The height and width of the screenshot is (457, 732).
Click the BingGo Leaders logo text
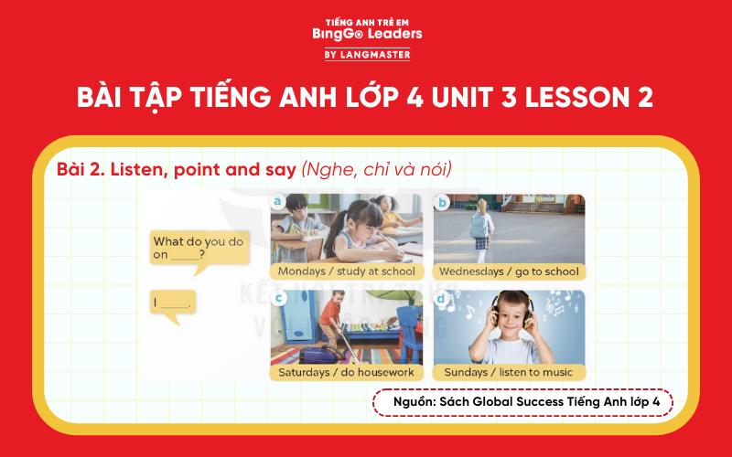(x=366, y=33)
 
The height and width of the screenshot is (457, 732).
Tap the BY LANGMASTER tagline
(x=366, y=55)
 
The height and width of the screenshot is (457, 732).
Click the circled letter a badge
(x=277, y=202)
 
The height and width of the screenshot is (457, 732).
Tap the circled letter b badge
(x=441, y=202)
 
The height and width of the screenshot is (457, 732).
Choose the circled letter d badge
(x=441, y=298)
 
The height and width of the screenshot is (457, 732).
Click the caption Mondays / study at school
(x=347, y=271)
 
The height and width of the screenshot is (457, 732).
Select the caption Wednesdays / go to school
(x=509, y=271)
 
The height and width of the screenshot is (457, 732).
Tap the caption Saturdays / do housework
(x=347, y=372)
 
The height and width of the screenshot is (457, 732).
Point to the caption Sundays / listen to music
(x=509, y=372)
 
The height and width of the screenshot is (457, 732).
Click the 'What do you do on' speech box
(x=199, y=248)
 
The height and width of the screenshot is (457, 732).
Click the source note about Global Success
(x=522, y=402)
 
